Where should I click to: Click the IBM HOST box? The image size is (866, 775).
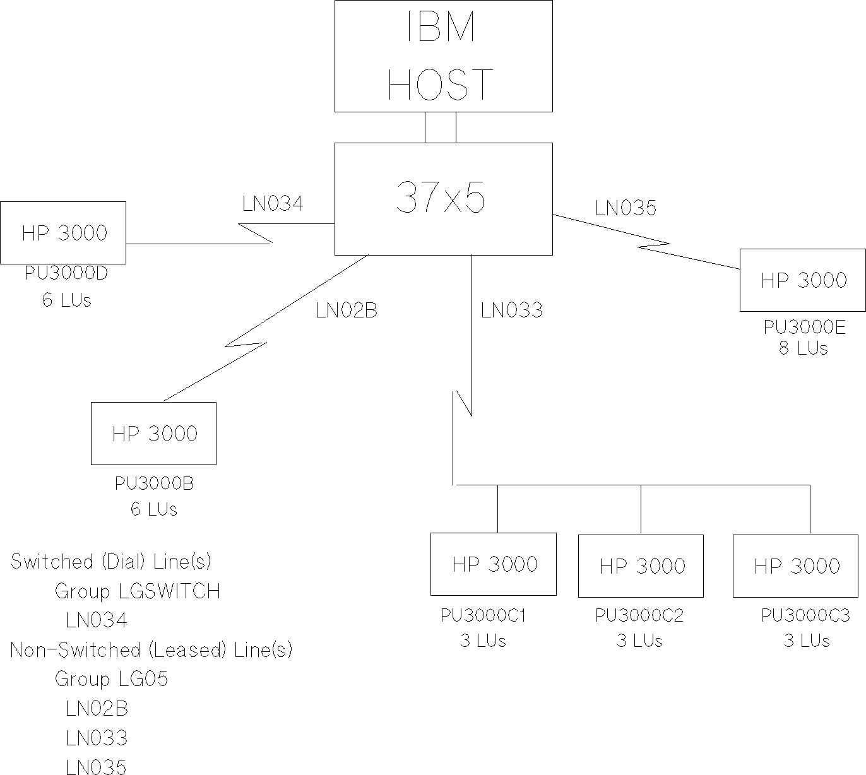[443, 56]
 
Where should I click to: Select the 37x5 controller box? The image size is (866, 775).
[443, 199]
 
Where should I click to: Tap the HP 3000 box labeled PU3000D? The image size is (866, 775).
[63, 233]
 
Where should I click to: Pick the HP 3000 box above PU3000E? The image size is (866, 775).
[802, 280]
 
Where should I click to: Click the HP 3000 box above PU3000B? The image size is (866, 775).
[154, 434]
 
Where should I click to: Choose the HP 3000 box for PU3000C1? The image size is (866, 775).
[494, 564]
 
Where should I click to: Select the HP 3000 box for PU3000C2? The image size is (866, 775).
[641, 566]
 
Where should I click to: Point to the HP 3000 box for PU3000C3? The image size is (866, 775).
[795, 566]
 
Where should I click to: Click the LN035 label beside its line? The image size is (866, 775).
[626, 208]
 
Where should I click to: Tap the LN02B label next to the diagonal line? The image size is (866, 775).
[346, 311]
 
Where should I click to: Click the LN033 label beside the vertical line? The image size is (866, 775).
[511, 311]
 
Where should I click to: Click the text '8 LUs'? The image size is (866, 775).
[803, 348]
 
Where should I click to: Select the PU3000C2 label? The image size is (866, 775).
[639, 615]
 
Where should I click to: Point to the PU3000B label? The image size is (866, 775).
[154, 484]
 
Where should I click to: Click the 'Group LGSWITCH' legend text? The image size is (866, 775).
[138, 591]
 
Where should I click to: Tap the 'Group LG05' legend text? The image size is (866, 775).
[112, 679]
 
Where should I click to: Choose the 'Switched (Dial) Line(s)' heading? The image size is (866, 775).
[110, 562]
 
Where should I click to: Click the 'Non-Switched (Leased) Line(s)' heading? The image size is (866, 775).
[151, 650]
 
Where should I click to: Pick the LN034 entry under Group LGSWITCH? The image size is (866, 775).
[97, 620]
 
